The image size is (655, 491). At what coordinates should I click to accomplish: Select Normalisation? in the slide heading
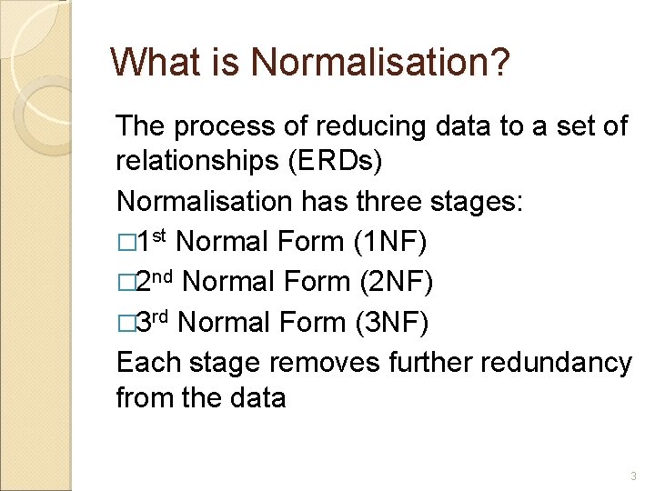pos(380,64)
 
